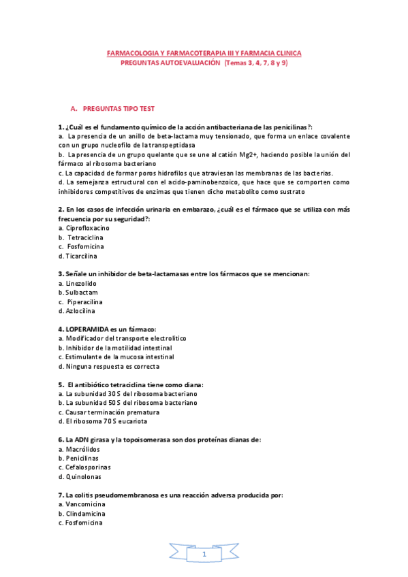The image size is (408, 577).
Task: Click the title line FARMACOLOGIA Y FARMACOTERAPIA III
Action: [204, 52]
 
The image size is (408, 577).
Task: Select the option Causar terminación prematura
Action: [112, 412]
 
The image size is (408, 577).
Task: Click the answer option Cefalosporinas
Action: [88, 467]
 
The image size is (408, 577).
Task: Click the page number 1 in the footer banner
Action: [204, 556]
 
